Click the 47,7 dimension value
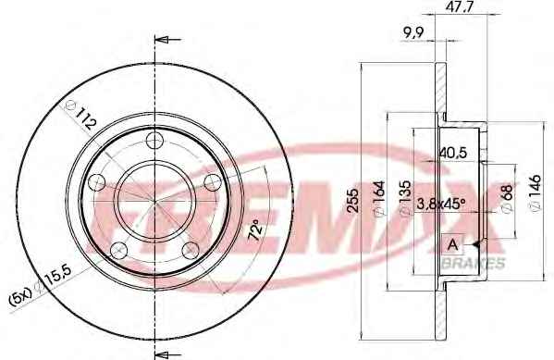(459, 6)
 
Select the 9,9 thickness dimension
(413, 33)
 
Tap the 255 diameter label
(353, 201)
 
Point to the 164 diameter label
(379, 199)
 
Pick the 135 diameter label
(405, 197)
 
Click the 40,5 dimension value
(453, 153)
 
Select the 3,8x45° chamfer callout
(440, 204)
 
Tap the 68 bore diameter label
(507, 199)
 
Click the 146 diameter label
(536, 193)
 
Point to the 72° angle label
(256, 230)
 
